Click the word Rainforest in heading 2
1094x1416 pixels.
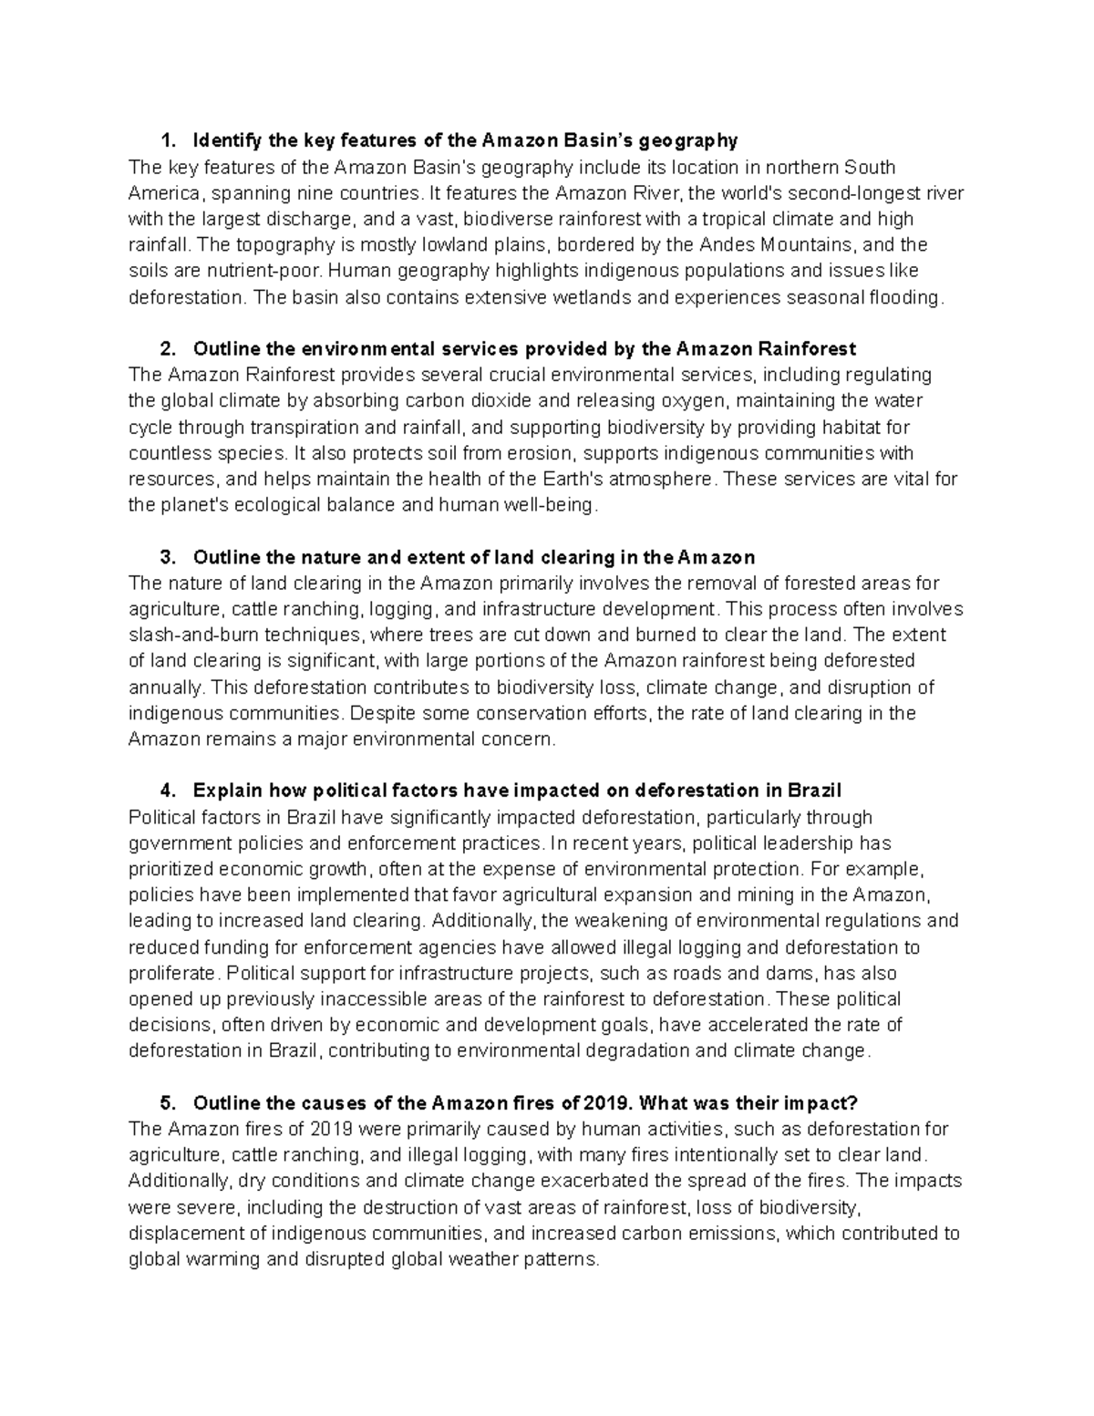pyautogui.click(x=810, y=349)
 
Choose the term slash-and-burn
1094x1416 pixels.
pyautogui.click(x=187, y=635)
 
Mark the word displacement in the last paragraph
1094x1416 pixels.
pyautogui.click(x=181, y=1234)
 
